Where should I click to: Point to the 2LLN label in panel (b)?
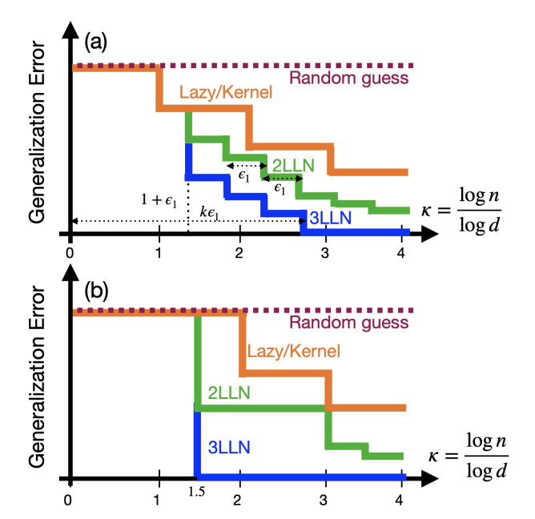[x=230, y=392]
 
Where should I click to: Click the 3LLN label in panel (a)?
[x=331, y=216]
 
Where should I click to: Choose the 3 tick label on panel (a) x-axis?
[x=325, y=251]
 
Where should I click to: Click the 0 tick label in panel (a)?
[x=70, y=251]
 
